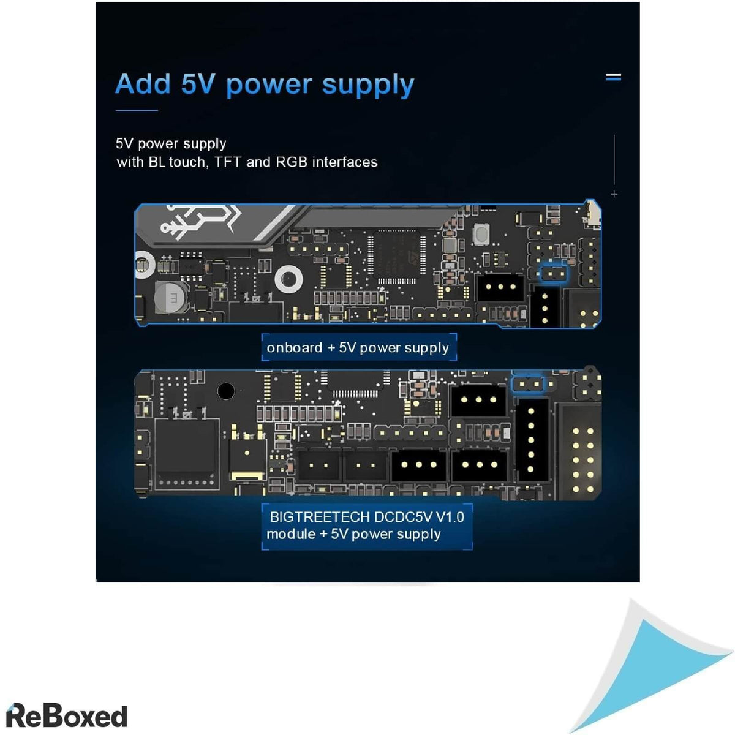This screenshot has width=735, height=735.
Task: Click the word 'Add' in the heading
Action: click(143, 84)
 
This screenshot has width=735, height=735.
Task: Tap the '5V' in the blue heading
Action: click(198, 84)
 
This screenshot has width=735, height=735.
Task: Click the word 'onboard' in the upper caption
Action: click(294, 348)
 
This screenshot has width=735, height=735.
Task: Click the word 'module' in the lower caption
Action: click(291, 534)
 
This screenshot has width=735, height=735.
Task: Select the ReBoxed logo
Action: click(66, 715)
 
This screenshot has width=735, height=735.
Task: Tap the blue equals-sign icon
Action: click(613, 77)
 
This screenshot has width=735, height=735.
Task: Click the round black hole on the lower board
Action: click(225, 390)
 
